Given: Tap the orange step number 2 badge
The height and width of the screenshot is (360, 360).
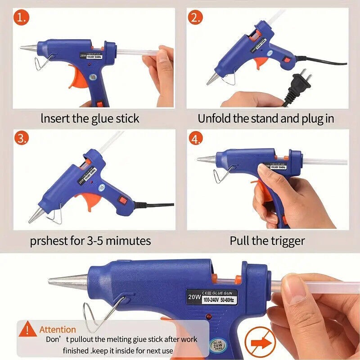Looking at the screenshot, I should (195, 19).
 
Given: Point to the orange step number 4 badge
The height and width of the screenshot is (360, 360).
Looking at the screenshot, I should (196, 139).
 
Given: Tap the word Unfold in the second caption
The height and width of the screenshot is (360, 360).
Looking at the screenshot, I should (215, 119).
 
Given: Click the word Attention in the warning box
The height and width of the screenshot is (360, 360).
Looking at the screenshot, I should (58, 329).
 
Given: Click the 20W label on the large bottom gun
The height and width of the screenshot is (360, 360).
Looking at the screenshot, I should (194, 298).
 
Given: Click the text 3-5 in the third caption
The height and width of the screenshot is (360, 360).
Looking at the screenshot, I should (93, 240).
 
